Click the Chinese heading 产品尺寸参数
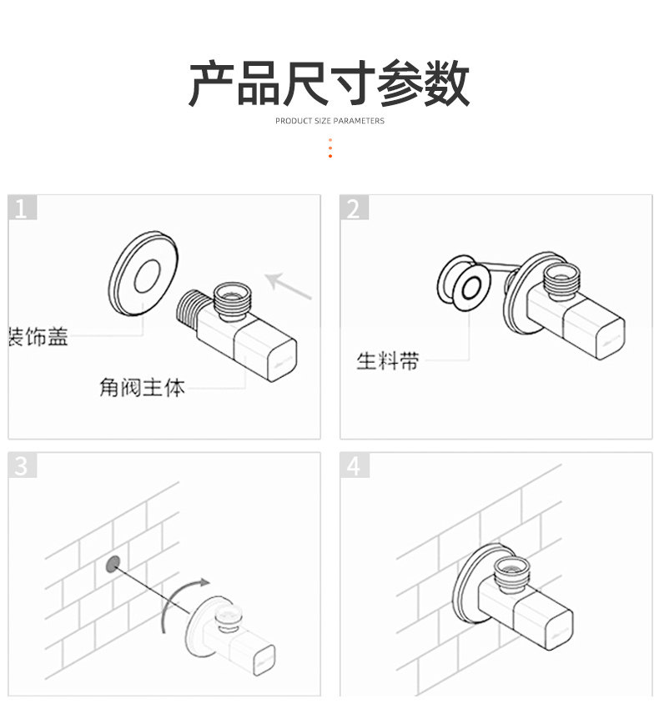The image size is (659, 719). (x=329, y=83)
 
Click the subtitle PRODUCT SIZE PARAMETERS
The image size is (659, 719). (x=329, y=121)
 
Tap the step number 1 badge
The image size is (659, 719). (x=22, y=208)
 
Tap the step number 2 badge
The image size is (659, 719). (x=353, y=208)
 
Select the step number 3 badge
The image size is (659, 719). (x=22, y=465)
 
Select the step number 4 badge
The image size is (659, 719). (x=353, y=465)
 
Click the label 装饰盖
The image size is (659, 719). (x=38, y=338)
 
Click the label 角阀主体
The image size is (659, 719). (x=142, y=388)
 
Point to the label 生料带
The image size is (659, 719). (x=388, y=361)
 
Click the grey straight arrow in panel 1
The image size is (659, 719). (x=288, y=284)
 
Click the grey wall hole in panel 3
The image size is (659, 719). (x=113, y=565)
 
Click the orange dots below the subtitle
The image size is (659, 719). (x=330, y=148)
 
